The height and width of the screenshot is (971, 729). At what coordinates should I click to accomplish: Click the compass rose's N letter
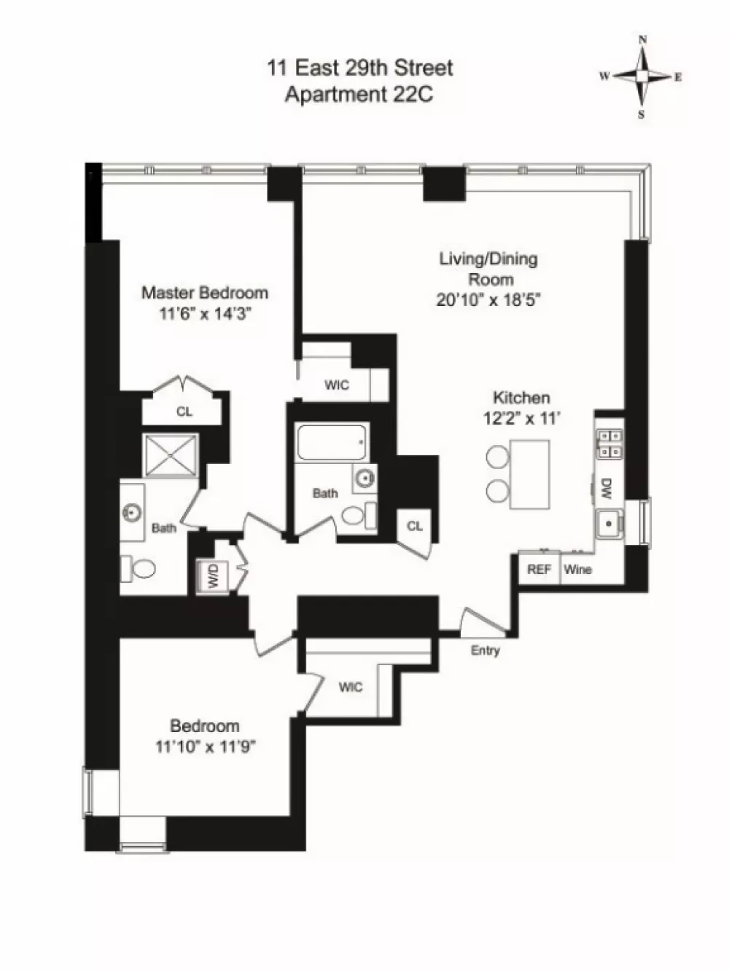[x=642, y=40]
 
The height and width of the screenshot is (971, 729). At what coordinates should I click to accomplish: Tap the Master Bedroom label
[x=205, y=293]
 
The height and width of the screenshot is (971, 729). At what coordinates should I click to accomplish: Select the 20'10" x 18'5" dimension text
[x=489, y=300]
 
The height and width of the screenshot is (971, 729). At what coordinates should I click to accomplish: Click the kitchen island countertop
[x=530, y=474]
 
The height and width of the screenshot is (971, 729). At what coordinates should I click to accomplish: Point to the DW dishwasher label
[x=606, y=488]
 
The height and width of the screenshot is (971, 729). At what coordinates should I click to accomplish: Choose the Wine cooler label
[x=577, y=570]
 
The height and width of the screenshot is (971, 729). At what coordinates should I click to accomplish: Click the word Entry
[x=485, y=650]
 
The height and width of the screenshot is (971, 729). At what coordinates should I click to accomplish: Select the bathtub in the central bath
[x=332, y=442]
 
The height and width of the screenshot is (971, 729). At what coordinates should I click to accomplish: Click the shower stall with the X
[x=171, y=455]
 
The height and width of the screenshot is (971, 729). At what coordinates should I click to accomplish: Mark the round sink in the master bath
[x=132, y=513]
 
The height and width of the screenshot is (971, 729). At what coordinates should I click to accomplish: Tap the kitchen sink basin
[x=609, y=524]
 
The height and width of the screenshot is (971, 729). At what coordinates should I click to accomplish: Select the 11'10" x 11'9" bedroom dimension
[x=206, y=747]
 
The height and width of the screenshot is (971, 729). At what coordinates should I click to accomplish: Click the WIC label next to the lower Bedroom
[x=351, y=687]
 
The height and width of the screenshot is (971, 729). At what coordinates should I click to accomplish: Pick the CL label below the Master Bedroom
[x=184, y=412]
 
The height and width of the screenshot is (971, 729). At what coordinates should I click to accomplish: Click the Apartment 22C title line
[x=359, y=94]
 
